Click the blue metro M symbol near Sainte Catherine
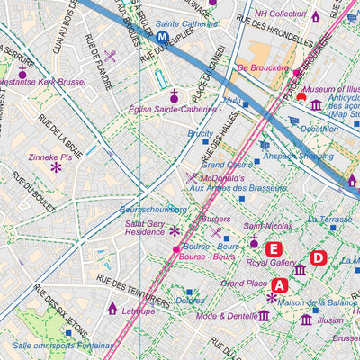pos(162,38)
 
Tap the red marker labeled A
pos(279,284)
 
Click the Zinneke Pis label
pos(56,155)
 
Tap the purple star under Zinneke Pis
pos(56,167)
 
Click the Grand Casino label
pos(227,165)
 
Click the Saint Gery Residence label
pos(145,228)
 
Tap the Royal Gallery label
pos(271,264)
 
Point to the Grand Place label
pos(244,283)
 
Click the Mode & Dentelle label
pos(226,316)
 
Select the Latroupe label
pos(139,310)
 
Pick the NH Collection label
pos(280,14)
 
